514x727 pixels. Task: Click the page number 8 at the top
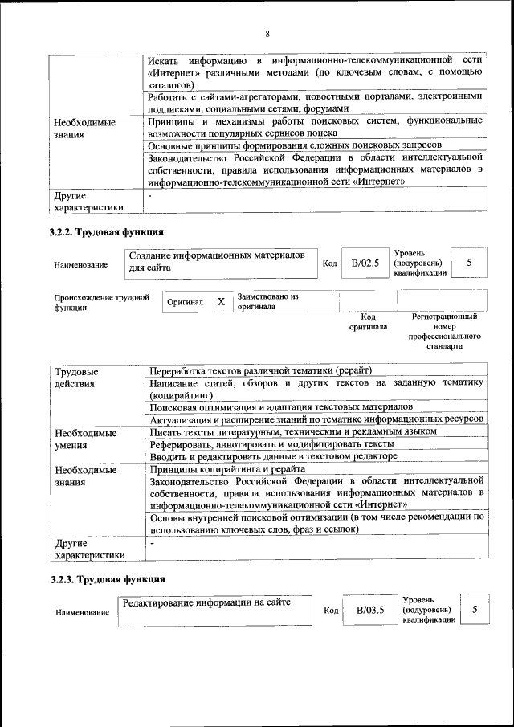coord(267,34)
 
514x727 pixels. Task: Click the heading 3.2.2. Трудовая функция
coord(103,232)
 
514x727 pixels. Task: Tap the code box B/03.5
coord(371,610)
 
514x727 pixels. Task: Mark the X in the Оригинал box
coord(221,302)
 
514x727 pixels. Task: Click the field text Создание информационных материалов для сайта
coord(217,260)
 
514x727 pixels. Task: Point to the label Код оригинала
coord(368,321)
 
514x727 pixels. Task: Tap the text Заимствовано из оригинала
coord(268,301)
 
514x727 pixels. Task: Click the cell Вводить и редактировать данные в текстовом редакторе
coord(273,456)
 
